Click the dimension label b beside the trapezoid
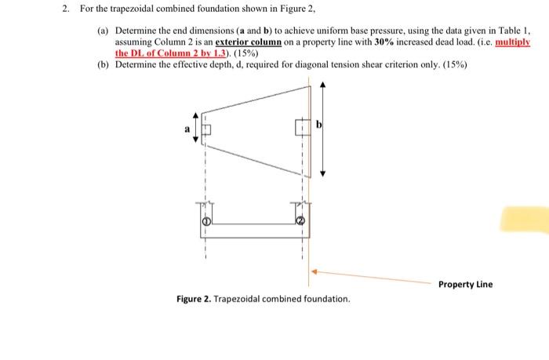(x=319, y=125)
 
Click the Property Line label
(x=465, y=284)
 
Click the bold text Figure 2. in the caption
(x=195, y=300)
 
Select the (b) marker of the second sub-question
(x=103, y=65)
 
